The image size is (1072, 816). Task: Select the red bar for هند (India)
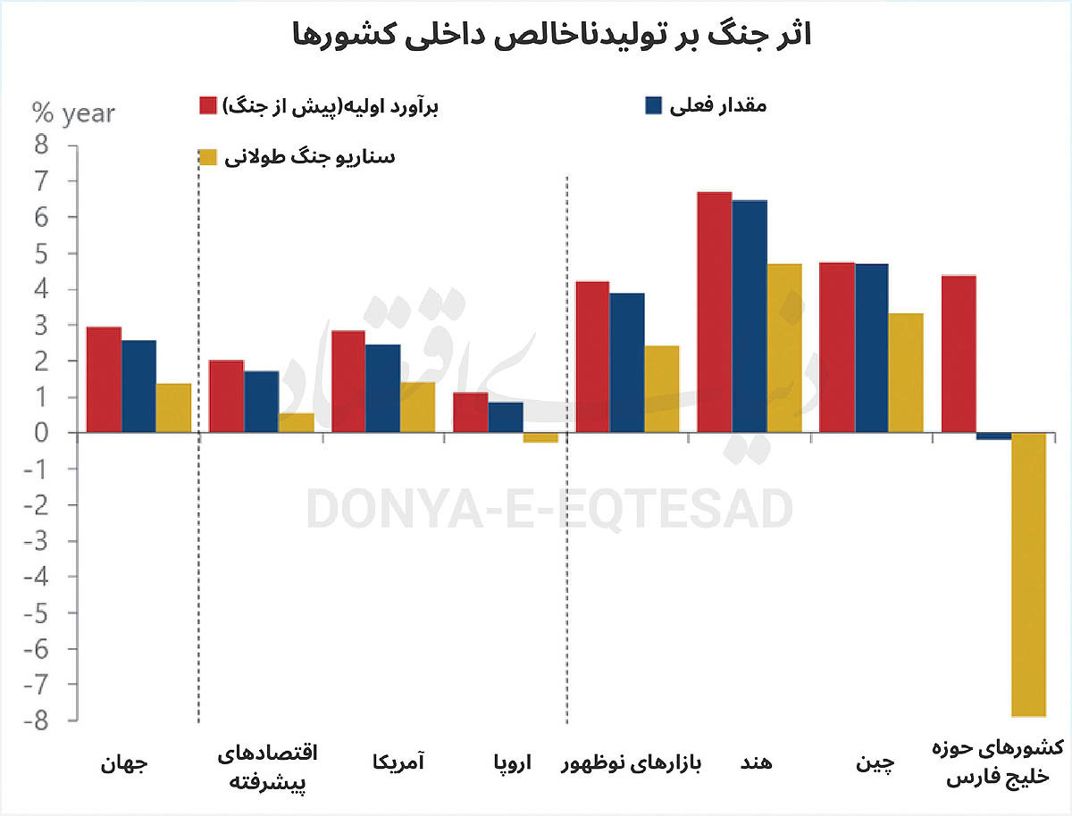(x=714, y=312)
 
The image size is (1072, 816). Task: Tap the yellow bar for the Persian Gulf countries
(x=1028, y=574)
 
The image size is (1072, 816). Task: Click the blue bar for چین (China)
(x=871, y=348)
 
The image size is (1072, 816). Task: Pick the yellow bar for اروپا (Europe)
(x=540, y=437)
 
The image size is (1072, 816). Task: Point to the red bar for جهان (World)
(x=104, y=379)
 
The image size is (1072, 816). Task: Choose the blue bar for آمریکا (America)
(x=383, y=388)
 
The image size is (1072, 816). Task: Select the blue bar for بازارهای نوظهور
(x=627, y=362)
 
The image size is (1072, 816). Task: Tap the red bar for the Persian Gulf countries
(x=959, y=354)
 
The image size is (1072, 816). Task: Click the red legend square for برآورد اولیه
(x=207, y=105)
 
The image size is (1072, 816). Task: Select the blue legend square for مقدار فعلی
(x=653, y=105)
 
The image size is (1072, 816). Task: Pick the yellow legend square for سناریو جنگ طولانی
(x=207, y=157)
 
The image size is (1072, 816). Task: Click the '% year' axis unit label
(x=73, y=113)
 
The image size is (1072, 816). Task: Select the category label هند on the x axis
(x=757, y=764)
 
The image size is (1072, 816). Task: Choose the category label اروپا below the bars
(x=513, y=764)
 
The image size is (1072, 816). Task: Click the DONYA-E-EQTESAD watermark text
(x=549, y=510)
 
